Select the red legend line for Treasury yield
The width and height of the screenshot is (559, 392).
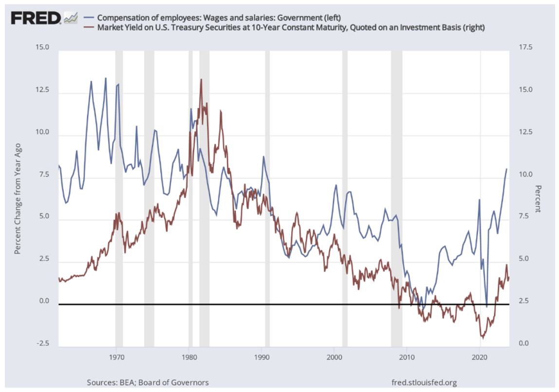coord(89,27)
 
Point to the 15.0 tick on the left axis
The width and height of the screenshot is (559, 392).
coord(43,48)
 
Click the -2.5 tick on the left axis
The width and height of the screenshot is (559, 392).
coord(43,344)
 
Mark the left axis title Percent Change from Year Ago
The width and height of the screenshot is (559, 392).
coord(18,198)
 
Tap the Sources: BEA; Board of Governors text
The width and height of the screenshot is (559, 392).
coord(148,382)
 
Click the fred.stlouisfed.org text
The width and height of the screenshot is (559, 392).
coord(424,382)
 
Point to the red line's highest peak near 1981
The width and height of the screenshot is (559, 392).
coord(201,79)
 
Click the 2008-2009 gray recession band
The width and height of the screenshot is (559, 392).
coord(396,195)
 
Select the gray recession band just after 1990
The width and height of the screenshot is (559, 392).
coord(267,195)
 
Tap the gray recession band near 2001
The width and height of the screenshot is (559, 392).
coord(345,195)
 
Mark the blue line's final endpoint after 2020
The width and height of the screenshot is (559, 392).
coord(506,169)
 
